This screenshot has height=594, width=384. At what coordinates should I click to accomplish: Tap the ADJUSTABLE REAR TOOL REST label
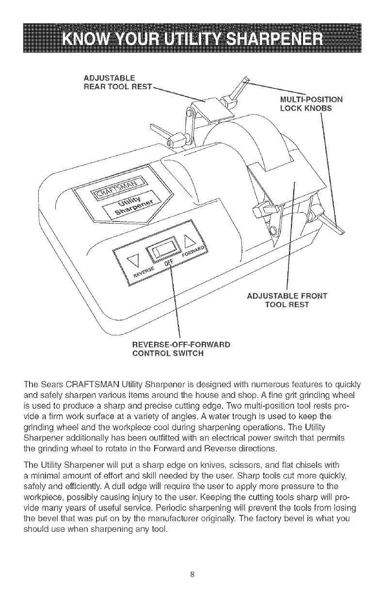tap(110, 82)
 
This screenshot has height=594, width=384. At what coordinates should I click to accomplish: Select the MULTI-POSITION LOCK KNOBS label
tap(305, 104)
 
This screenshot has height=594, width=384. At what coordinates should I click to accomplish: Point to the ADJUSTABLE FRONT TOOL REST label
tap(287, 300)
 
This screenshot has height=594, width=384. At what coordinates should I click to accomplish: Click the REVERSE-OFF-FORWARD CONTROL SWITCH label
tap(181, 348)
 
